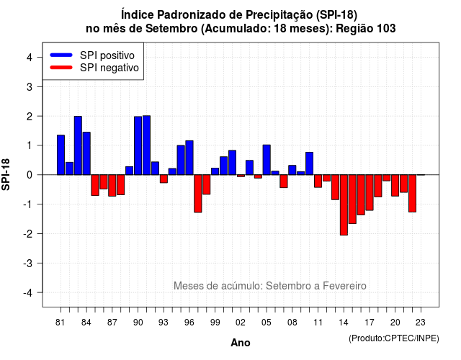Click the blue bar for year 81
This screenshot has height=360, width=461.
click(x=61, y=155)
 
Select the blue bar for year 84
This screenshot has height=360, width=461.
click(x=86, y=153)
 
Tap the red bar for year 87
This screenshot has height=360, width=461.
click(x=112, y=186)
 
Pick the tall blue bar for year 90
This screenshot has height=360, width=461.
click(x=138, y=145)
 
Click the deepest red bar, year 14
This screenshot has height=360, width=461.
click(x=344, y=204)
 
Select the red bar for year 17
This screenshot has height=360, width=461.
click(x=370, y=192)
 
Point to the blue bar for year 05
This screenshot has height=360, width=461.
click(x=267, y=160)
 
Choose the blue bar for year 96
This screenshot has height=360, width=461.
click(x=189, y=158)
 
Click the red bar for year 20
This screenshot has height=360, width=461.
click(x=395, y=186)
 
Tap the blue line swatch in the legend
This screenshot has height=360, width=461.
click(x=61, y=55)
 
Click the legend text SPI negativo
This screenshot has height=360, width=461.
click(x=109, y=68)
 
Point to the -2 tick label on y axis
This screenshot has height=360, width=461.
click(x=29, y=233)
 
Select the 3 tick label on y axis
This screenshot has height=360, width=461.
click(x=30, y=86)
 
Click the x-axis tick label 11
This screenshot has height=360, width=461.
click(x=318, y=323)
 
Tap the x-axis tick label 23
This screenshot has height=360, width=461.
click(x=421, y=323)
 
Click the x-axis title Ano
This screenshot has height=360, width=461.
click(x=241, y=343)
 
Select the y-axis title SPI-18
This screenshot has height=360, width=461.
click(x=6, y=174)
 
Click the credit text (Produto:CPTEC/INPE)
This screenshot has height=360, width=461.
click(x=394, y=338)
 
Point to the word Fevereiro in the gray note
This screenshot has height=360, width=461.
click(x=344, y=286)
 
